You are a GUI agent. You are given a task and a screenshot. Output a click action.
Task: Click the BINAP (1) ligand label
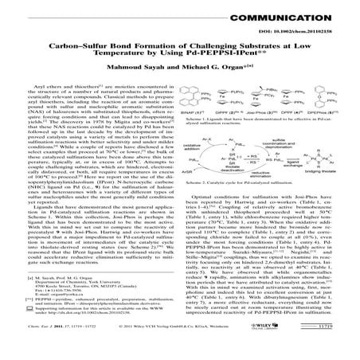point(197,115)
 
